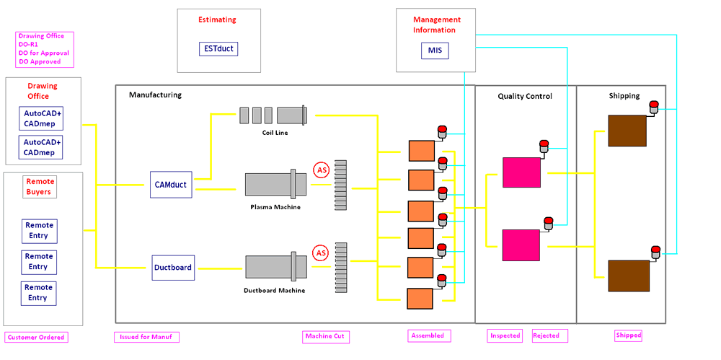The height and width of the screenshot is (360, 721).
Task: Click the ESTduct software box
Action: pos(218,49)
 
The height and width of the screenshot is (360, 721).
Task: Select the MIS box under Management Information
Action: pos(434,50)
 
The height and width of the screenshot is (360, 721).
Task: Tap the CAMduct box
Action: pos(172,185)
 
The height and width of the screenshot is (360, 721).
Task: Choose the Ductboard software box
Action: pos(173,268)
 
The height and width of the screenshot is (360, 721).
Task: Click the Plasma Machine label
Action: pos(275,207)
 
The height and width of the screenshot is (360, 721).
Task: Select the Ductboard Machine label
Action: pos(275,291)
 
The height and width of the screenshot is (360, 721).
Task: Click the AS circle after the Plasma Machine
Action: pos(322,170)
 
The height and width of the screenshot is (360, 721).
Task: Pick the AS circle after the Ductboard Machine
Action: pos(321,253)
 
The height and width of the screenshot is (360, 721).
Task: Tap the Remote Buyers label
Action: pos(40,187)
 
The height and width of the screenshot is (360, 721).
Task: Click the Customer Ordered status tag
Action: pos(36,337)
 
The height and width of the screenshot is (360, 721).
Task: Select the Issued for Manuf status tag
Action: pos(146,336)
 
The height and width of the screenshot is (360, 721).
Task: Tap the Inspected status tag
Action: pos(505,335)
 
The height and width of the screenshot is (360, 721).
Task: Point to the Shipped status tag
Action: pos(628,335)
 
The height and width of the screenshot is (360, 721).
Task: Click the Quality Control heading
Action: pos(525,96)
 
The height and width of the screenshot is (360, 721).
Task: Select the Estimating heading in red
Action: pos(217,19)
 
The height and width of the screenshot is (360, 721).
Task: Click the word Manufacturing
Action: pos(155,95)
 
